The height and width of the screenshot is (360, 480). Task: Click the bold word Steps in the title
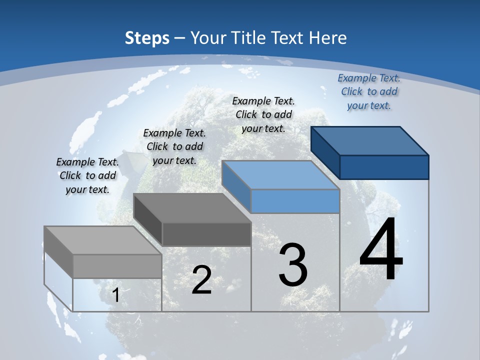coord(147,38)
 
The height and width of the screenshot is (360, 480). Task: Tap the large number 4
coord(381,250)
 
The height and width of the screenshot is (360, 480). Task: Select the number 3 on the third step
coord(293,265)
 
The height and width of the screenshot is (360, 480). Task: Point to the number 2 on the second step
coord(201,280)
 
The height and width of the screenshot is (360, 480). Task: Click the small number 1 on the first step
coord(115,295)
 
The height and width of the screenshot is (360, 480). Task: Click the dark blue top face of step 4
coord(370,140)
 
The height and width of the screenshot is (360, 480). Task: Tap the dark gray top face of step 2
coord(192,207)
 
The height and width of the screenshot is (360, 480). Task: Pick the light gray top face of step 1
coord(103,240)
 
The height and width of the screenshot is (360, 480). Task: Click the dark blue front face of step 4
coord(384,167)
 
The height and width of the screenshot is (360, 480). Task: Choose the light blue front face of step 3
coord(295,201)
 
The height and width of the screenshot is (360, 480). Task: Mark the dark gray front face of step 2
coord(206,234)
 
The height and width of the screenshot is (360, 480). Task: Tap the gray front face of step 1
coord(117,266)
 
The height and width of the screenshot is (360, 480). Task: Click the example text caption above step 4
coord(369,92)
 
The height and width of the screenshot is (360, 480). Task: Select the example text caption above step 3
coord(263,115)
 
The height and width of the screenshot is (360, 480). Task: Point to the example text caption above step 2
coord(174,147)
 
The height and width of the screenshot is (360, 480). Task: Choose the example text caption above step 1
coord(87,176)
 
